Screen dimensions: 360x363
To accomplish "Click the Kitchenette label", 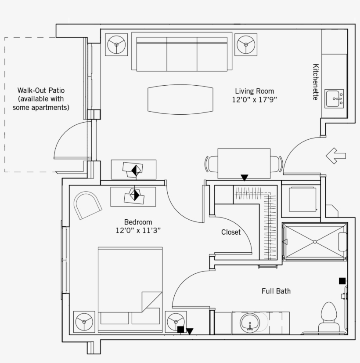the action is pos(316,82).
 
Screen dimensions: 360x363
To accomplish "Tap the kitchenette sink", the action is pos(334,98).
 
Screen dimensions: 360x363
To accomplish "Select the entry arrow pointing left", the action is pos(336,156).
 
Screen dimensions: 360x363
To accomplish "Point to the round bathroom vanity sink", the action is pos(250,323).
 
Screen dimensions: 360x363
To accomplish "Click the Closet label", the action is pos(231,232).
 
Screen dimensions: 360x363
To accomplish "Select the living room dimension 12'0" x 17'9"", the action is pos(254,100).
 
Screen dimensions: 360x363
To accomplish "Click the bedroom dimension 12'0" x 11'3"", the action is pos(138,230).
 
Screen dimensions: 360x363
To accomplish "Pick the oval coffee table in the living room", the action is pos(180,99).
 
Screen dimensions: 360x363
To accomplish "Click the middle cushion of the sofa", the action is pos(182,54).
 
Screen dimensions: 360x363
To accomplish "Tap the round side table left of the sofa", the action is pos(116,45).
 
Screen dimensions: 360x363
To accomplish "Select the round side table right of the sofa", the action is pos(246,45).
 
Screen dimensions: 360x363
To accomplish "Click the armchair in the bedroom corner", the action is pos(87,205).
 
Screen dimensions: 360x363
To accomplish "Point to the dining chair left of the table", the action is pos(211,164).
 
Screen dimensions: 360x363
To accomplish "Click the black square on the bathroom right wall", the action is pos(342,281).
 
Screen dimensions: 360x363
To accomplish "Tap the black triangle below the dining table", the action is pos(245,178).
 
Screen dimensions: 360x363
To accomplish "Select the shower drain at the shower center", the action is pos(315,242).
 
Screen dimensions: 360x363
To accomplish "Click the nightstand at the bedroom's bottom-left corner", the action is pos(84,322).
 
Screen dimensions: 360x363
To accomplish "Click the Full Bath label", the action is pos(276,291).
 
